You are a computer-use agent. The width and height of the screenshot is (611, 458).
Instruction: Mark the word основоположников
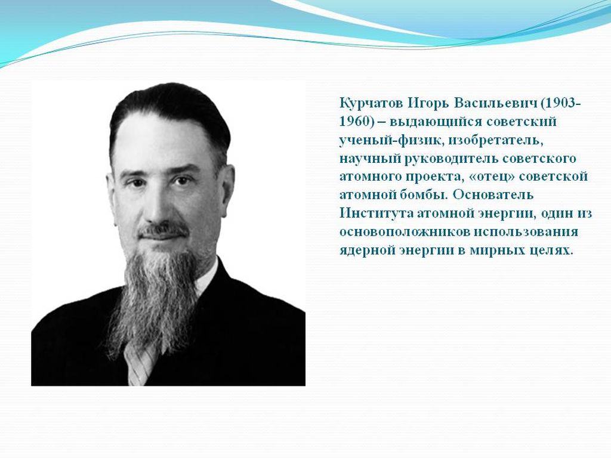point(405,232)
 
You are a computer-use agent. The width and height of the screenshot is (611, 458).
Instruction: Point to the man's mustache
point(163,230)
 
